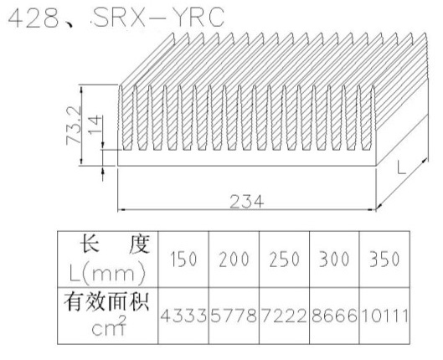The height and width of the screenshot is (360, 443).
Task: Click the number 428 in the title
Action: click(33, 18)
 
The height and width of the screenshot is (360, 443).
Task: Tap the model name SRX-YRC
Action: click(158, 18)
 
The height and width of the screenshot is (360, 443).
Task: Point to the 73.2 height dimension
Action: click(74, 125)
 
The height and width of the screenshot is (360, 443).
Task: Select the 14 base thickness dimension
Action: click(95, 125)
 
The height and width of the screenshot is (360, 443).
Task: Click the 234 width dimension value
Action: click(247, 202)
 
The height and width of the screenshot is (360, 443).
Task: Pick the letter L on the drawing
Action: click(401, 167)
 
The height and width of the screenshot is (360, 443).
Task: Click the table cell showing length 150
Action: click(183, 259)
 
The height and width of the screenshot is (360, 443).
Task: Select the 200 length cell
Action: click(234, 259)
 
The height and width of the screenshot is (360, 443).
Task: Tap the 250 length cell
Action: click(284, 259)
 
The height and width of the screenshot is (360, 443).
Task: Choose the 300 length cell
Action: click(334, 259)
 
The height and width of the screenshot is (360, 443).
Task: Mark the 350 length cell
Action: click(384, 259)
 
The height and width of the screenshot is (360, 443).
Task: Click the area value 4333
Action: click(183, 316)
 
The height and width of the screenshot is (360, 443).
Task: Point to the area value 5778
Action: click(234, 316)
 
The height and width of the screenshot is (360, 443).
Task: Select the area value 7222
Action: click(284, 316)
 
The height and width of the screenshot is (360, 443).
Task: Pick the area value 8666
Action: click(334, 316)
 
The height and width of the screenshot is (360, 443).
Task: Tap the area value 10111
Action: click(384, 316)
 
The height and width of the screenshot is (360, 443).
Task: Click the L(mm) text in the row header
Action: click(107, 274)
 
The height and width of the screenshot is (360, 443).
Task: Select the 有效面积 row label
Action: click(106, 302)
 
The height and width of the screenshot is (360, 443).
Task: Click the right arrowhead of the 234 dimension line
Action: click(372, 210)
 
